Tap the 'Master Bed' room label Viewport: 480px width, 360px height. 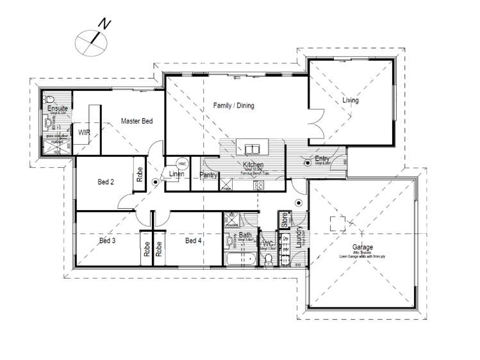coord(137,120)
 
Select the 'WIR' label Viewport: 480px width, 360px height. coord(85,132)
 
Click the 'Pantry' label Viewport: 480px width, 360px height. coord(208,174)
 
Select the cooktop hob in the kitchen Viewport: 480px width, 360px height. coord(259,185)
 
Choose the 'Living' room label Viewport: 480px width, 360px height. coord(351,101)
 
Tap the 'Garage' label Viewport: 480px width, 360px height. coord(362,247)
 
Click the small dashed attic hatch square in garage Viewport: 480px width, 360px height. coord(338,224)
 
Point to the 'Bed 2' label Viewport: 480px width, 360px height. coord(106,182)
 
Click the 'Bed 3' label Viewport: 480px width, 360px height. coord(107,241)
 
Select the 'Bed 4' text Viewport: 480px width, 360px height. coord(193,241)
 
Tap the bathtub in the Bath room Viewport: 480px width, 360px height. coord(240,260)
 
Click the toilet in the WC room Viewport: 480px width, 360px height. coord(269,259)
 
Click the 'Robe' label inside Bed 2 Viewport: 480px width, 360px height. coord(138,175)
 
